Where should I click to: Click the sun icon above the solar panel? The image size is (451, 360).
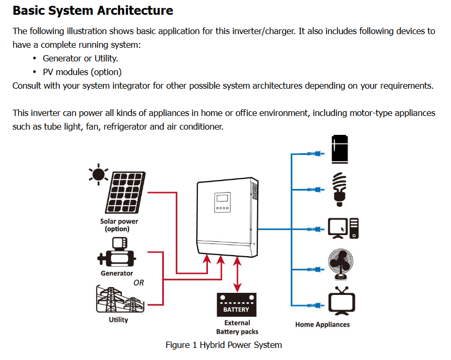click(98, 174)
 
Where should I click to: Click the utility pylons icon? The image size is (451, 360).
click(118, 299)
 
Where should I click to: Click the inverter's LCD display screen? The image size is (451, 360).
click(222, 199)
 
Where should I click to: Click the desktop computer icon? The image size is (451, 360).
click(343, 228)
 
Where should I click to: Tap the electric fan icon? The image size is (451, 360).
click(340, 266)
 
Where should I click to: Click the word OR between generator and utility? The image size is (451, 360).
click(139, 282)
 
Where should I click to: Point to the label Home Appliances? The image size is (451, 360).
click(322, 324)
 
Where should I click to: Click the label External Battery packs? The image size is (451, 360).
click(237, 327)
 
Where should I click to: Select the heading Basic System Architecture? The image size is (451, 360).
click(92, 10)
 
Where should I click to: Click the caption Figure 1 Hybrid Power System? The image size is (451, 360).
click(224, 345)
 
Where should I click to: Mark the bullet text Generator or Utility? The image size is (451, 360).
click(80, 58)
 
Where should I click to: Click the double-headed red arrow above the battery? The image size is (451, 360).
click(237, 275)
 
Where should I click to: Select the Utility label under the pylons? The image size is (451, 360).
click(118, 320)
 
